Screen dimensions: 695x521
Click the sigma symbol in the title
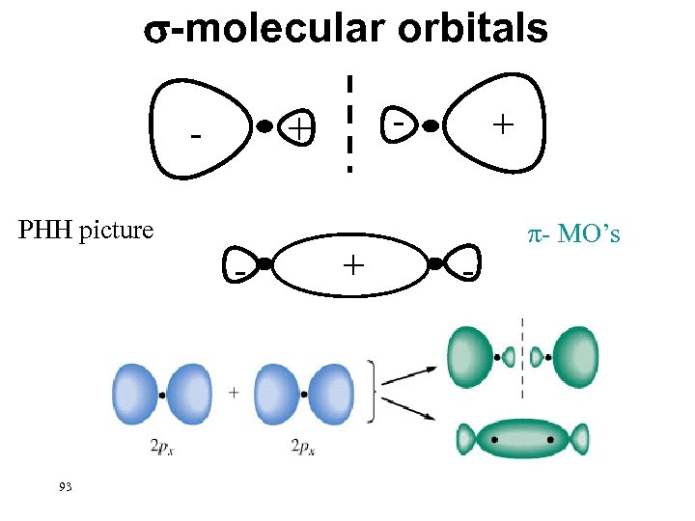(157, 31)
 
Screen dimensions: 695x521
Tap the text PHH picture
(87, 231)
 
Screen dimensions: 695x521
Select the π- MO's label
(574, 234)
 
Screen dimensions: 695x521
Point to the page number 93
(65, 486)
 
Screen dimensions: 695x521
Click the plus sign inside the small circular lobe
(300, 127)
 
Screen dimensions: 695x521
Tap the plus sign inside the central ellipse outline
(352, 263)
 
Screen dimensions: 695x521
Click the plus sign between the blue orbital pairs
(235, 393)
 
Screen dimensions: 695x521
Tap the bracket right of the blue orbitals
(372, 391)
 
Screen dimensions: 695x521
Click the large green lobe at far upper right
(575, 356)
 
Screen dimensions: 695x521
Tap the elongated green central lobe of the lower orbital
(521, 439)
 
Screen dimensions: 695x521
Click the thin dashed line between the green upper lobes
(522, 357)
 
